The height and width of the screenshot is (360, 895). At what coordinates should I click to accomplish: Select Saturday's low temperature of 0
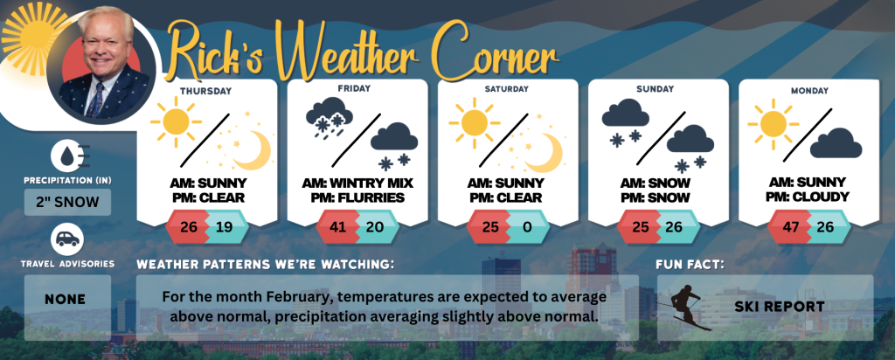click(527, 227)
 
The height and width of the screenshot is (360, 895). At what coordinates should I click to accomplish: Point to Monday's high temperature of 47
click(790, 227)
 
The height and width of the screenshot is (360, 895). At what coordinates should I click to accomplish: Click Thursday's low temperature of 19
click(225, 227)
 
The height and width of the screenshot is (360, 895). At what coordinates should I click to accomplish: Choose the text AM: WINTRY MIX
click(357, 183)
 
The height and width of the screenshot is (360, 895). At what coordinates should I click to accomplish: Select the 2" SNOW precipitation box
click(68, 202)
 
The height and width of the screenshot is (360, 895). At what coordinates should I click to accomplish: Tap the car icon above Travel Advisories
click(67, 240)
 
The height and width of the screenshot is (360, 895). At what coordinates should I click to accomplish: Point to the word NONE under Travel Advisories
click(66, 300)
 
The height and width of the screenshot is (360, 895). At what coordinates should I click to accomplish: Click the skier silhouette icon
click(685, 308)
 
